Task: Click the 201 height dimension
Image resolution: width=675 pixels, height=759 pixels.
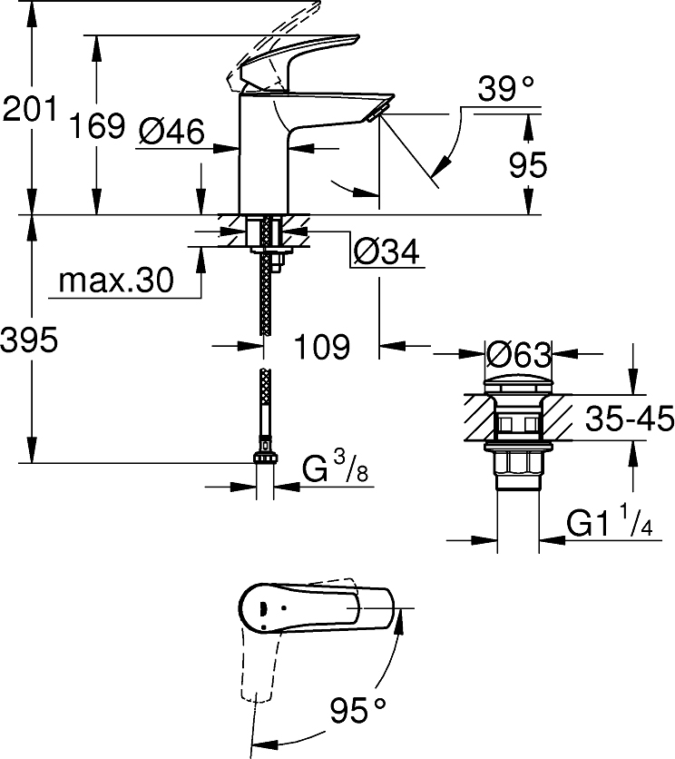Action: coord(29,108)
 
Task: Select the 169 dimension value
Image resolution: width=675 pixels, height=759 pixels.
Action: coord(97,125)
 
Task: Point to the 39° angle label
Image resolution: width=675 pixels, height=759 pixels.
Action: coord(505,89)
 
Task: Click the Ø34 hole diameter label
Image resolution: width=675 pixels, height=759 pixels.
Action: coord(386,251)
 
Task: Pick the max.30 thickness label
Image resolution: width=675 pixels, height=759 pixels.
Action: coord(115,281)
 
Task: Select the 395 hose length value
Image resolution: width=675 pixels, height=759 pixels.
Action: coord(29,340)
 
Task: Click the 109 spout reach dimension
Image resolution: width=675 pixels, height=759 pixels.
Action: coord(322,347)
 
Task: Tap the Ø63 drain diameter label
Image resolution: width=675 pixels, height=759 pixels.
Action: coord(518,355)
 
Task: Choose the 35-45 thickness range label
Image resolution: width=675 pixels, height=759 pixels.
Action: coord(630,419)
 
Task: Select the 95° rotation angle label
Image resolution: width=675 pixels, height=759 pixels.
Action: coord(358,711)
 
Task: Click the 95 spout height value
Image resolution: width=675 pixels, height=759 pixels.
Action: coord(528,164)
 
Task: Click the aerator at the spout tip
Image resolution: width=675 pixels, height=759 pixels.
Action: coord(377,113)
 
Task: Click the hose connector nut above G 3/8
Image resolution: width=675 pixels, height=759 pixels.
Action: coord(264,458)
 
